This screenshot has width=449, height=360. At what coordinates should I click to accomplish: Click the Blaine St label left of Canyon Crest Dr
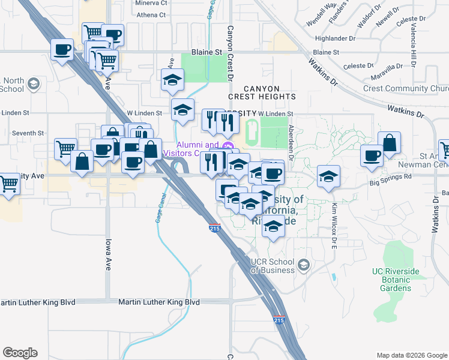(206, 52)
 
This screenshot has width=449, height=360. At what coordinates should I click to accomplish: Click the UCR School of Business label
(273, 266)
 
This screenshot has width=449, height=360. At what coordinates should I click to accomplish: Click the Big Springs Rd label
(391, 177)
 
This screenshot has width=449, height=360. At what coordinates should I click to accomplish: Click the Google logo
(20, 352)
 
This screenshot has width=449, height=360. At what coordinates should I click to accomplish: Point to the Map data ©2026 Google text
(411, 355)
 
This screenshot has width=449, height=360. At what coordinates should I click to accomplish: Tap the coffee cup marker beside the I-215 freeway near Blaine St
(61, 49)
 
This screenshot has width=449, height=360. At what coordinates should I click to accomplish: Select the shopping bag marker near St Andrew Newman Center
(390, 143)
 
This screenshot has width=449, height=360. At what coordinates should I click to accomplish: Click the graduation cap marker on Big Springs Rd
(328, 176)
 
